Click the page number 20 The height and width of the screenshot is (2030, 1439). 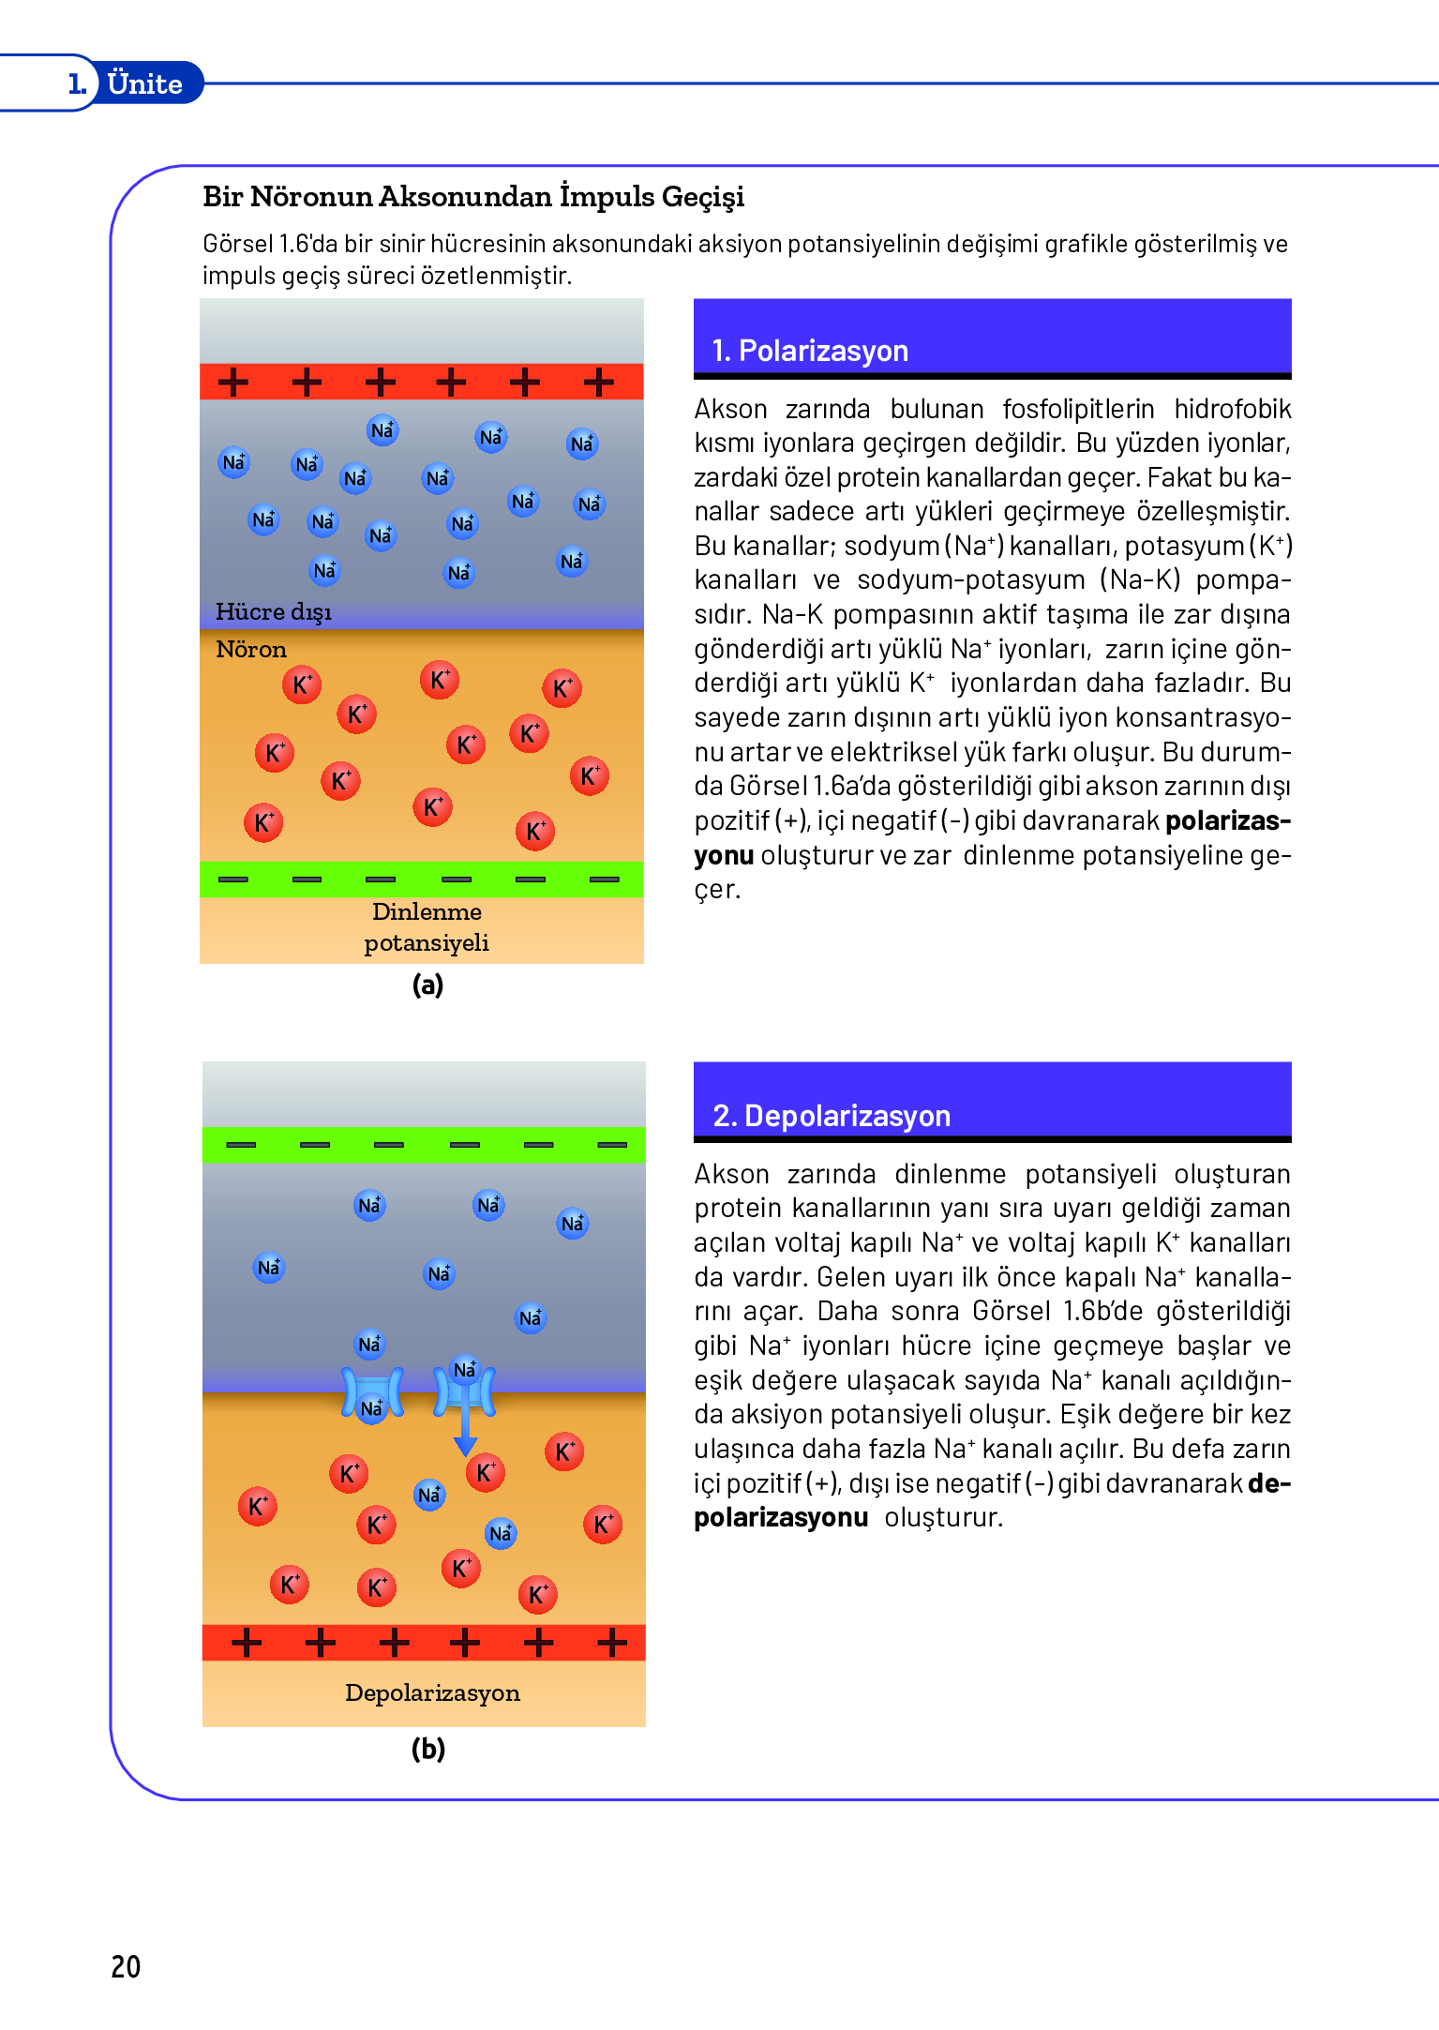click(126, 1966)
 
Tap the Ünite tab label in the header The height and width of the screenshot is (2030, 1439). click(144, 83)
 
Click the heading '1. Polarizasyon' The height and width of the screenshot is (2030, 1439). click(810, 351)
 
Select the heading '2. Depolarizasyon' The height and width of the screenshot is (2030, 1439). click(832, 1116)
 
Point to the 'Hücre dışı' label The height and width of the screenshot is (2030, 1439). click(273, 611)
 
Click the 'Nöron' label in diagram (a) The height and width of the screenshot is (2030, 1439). click(251, 649)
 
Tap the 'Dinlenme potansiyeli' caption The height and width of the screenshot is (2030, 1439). click(427, 926)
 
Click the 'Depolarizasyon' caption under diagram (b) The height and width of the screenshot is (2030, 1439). click(432, 1692)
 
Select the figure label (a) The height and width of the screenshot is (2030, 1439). click(427, 985)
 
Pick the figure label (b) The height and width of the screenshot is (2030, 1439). click(428, 1749)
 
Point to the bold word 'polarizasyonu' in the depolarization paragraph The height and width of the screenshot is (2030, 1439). click(781, 1517)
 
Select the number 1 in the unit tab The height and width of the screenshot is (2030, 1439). click(77, 83)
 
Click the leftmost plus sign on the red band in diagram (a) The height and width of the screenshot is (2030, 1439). click(233, 382)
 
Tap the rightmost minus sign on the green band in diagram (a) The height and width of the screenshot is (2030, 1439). click(604, 880)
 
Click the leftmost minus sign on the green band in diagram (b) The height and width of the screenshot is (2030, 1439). click(241, 1145)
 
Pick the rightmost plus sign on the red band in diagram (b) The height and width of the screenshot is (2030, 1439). click(612, 1642)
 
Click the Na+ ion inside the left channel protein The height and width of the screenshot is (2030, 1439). click(372, 1407)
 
